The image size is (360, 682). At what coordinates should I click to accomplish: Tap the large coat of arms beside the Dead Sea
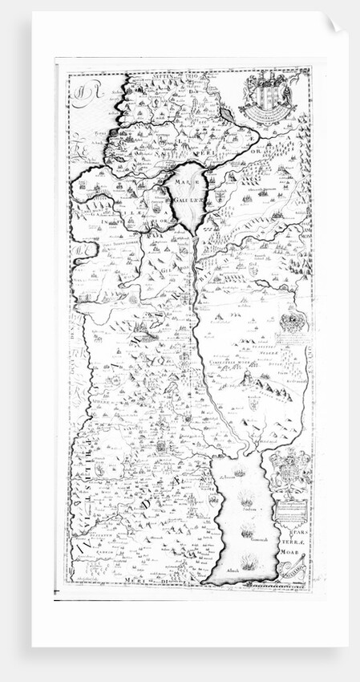289,469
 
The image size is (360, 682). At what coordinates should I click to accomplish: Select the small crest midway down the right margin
289,323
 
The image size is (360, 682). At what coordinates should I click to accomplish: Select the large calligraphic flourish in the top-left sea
82,99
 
